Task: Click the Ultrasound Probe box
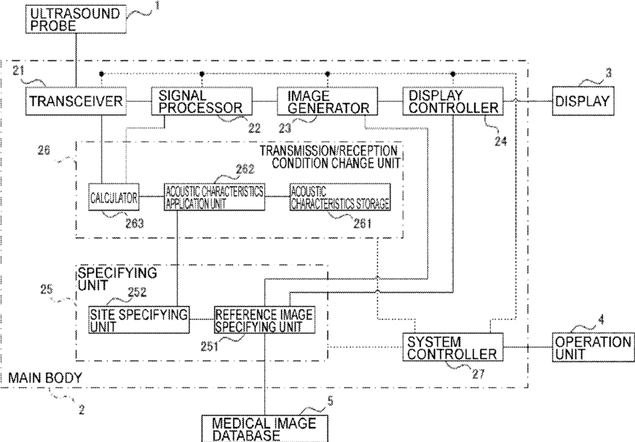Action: pyautogui.click(x=76, y=20)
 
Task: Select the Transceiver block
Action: pyautogui.click(x=76, y=101)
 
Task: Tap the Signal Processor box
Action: pyautogui.click(x=202, y=101)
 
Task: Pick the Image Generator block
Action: pyautogui.click(x=327, y=101)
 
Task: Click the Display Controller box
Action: pyautogui.click(x=453, y=101)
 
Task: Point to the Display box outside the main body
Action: pyautogui.click(x=583, y=101)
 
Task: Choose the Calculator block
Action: pyautogui.click(x=114, y=197)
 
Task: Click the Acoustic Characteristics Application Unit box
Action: pyautogui.click(x=215, y=197)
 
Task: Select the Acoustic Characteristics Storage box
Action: pyautogui.click(x=340, y=197)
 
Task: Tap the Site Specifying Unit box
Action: pyautogui.click(x=139, y=320)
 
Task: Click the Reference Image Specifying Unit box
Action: pyautogui.click(x=264, y=320)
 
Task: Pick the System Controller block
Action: pyautogui.click(x=453, y=347)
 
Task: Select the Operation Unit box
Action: pyautogui.click(x=593, y=347)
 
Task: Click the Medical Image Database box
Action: pyautogui.click(x=264, y=429)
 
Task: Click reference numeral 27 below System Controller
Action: pyautogui.click(x=478, y=374)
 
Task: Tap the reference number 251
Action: pyautogui.click(x=210, y=347)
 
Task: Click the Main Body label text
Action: pyautogui.click(x=45, y=378)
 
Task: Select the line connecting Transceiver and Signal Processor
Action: pyautogui.click(x=139, y=101)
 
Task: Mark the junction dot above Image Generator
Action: pyautogui.click(x=328, y=74)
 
